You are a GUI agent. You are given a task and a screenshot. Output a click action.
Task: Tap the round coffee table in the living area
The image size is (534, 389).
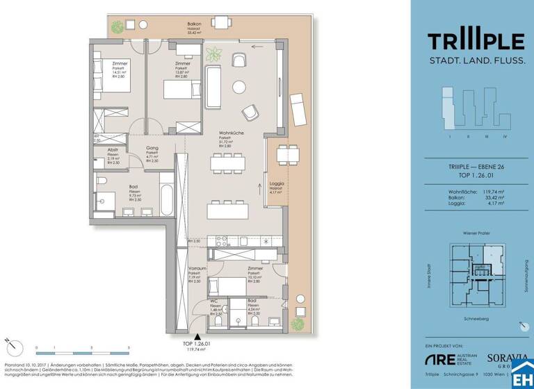click(240, 87)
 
